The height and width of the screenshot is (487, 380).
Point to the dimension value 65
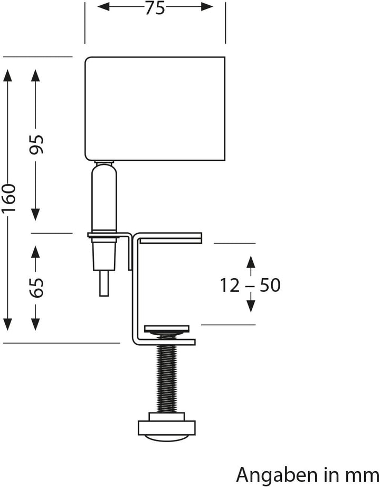36,286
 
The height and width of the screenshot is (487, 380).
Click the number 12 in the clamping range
231,286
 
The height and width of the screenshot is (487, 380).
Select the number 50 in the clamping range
270,286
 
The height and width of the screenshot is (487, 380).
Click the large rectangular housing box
155,108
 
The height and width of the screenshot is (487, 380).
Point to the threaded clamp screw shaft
166,376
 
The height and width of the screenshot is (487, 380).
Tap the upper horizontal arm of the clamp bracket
169,237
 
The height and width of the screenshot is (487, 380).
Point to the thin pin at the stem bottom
104,283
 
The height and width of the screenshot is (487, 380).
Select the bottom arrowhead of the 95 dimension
36,214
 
